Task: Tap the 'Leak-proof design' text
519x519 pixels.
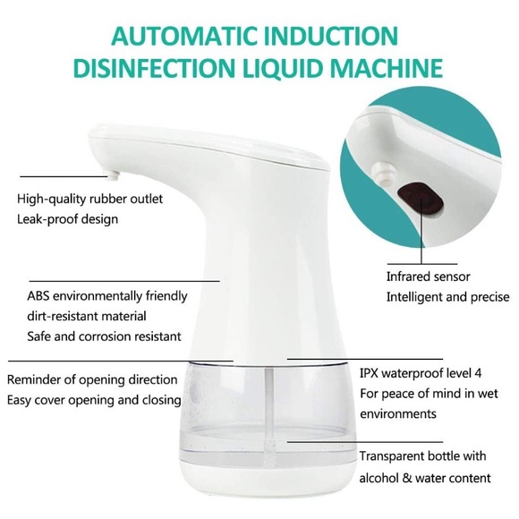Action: coord(67,218)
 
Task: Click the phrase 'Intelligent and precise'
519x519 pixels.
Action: coord(447,296)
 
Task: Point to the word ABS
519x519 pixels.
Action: coord(40,296)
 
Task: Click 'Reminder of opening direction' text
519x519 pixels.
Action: coord(93,379)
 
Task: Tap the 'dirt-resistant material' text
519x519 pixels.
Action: coord(87,316)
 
